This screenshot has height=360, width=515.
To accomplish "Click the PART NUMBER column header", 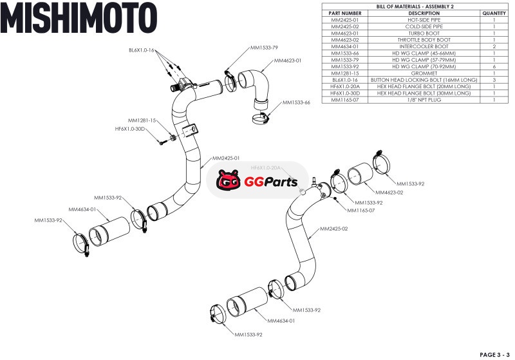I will pos(345,13).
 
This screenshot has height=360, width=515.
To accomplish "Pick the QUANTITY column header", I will pos(494,13).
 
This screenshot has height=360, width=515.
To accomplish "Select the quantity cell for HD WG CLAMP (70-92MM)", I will pos(494,66).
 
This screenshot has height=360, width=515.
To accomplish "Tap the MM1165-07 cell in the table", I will pos(345,100).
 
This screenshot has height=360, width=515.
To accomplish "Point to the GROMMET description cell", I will pos(424,73).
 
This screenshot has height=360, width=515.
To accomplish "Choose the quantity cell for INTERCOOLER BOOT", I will pos(494,46).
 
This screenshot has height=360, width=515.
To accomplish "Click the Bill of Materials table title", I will pos(415,6).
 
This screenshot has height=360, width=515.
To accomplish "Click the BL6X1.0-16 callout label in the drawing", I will pos(142,50).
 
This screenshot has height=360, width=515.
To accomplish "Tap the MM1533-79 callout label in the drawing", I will pos(264,48).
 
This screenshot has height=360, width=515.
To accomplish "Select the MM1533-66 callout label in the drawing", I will pos(296,102).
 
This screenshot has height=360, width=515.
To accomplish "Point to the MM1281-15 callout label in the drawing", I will pos(142,120).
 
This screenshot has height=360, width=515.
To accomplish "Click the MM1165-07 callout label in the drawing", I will pos(360,210).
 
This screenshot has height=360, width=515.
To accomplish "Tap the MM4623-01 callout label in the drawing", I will pos(288,61).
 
